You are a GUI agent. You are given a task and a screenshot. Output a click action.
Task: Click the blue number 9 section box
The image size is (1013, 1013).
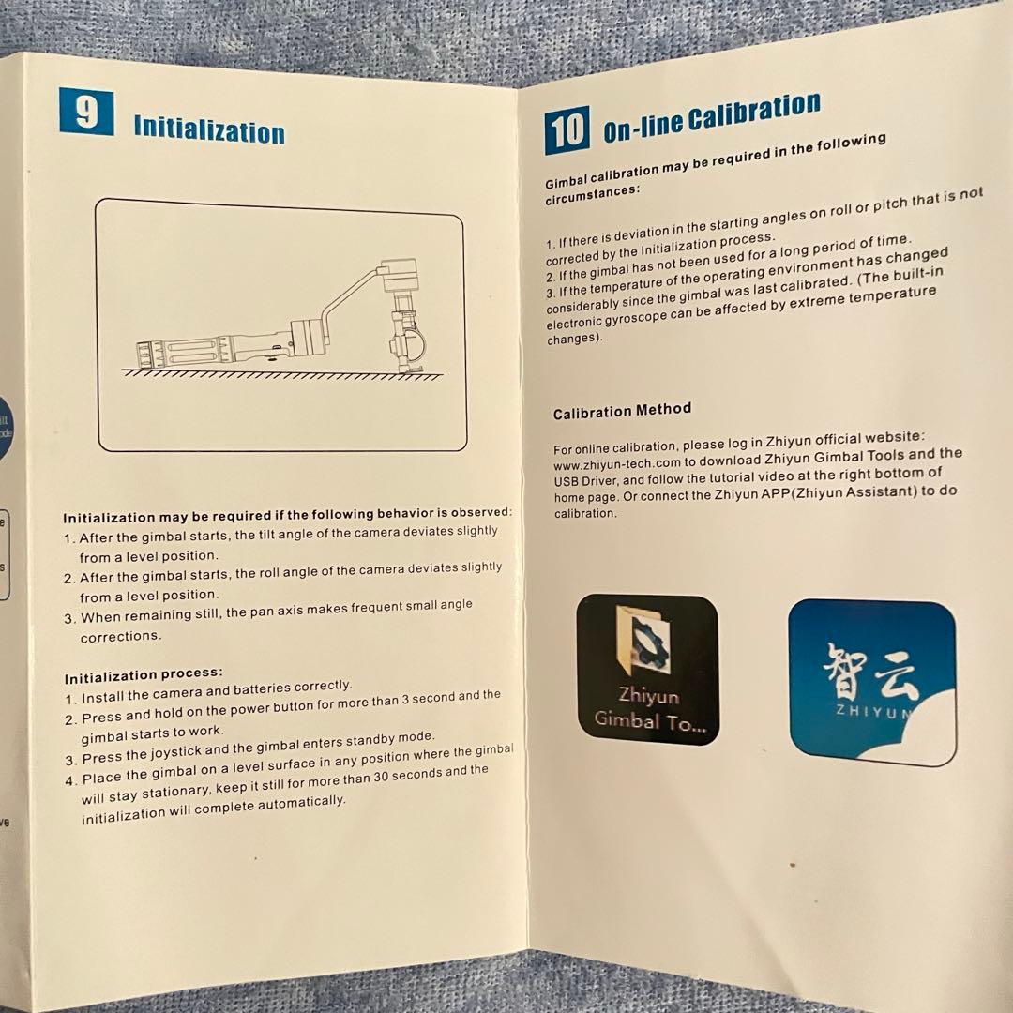[x=86, y=112]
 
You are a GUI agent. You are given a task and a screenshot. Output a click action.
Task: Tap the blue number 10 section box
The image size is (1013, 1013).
[x=567, y=130]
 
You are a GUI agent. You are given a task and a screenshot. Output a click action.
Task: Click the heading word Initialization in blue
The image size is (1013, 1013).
[x=209, y=129]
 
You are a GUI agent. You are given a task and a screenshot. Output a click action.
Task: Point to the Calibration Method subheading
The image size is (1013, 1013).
[x=622, y=411]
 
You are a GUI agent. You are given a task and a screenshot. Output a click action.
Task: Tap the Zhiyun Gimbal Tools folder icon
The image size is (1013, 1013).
[x=647, y=670]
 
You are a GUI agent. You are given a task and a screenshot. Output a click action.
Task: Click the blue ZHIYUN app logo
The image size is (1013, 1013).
[x=872, y=682]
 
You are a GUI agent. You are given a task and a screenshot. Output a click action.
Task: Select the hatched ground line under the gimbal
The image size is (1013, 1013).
[x=282, y=374]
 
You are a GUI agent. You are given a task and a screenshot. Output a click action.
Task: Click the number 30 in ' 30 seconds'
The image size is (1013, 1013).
[x=381, y=777]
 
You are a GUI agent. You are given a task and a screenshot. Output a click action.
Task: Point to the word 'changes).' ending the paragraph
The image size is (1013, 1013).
[x=574, y=339]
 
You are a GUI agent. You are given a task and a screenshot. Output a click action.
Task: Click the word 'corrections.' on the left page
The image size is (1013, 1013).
[x=121, y=637]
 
